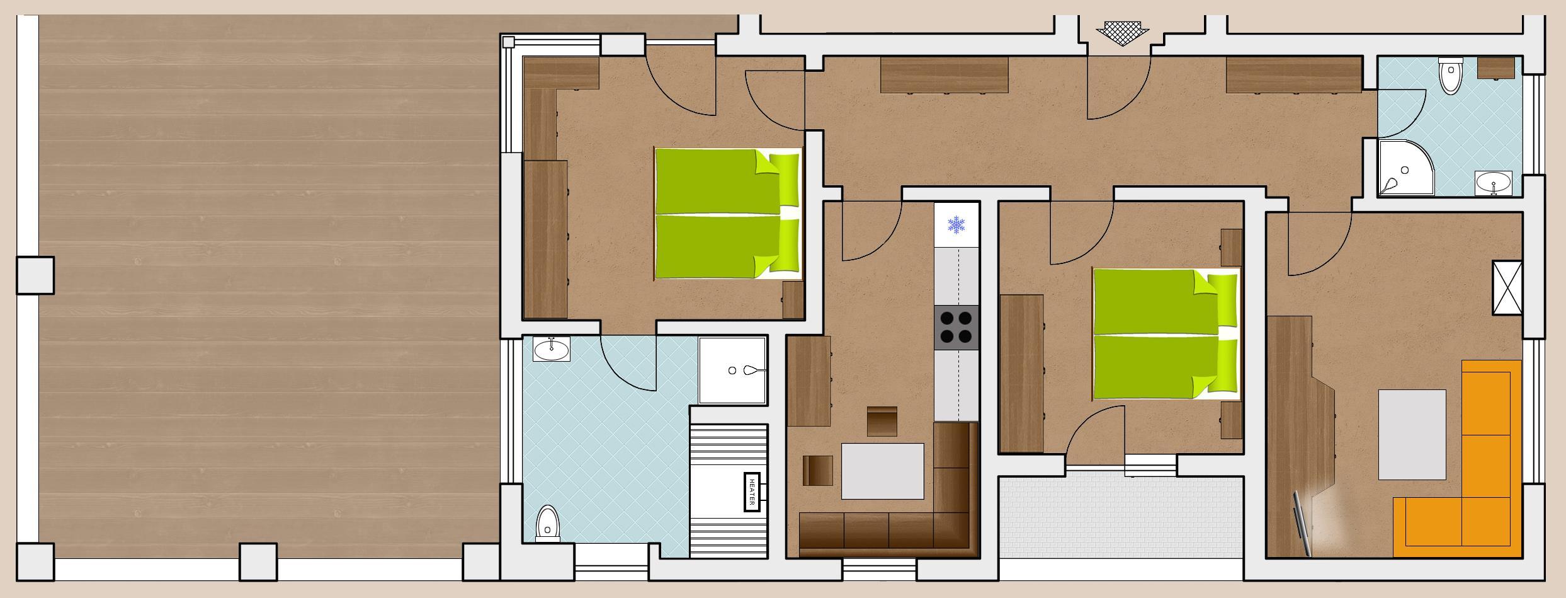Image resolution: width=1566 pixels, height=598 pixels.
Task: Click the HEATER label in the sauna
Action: pyautogui.click(x=752, y=492)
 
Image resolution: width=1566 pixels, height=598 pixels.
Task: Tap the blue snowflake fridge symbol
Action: pyautogui.click(x=956, y=225)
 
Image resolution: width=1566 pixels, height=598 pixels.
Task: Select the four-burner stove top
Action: pyautogui.click(x=956, y=328)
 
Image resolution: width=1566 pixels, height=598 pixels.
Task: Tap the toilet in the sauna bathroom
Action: pyautogui.click(x=548, y=524)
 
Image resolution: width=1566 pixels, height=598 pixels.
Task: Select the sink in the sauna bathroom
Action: pyautogui.click(x=552, y=349)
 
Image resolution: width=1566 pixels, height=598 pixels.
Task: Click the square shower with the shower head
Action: pyautogui.click(x=732, y=371)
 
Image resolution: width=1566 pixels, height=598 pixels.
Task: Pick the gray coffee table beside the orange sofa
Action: pyautogui.click(x=1412, y=435)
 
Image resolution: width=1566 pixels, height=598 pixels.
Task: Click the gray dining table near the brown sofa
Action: pyautogui.click(x=883, y=471)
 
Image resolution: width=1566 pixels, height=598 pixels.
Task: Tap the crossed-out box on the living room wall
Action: pyautogui.click(x=1507, y=288)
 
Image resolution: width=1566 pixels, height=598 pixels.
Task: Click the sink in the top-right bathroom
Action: pyautogui.click(x=1493, y=184)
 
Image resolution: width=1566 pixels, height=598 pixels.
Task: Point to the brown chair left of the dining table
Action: pyautogui.click(x=818, y=471)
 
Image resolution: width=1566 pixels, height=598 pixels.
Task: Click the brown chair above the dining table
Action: pyautogui.click(x=882, y=422)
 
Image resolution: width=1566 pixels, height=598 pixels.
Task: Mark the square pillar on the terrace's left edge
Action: pyautogui.click(x=35, y=275)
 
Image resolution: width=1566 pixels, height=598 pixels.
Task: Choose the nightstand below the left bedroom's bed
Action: pyautogui.click(x=793, y=300)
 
